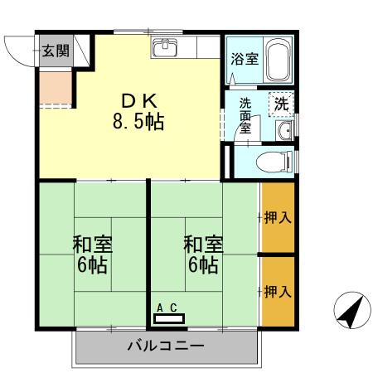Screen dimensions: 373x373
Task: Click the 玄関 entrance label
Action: (x=56, y=50)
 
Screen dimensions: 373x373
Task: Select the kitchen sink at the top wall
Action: (x=166, y=47)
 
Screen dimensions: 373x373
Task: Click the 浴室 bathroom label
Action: (x=244, y=60)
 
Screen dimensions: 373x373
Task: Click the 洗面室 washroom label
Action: (x=245, y=117)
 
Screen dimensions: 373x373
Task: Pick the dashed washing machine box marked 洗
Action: (x=282, y=104)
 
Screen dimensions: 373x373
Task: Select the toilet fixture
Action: (x=273, y=161)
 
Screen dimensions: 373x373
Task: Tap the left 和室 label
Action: (x=92, y=255)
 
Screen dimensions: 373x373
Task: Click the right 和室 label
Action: (x=203, y=255)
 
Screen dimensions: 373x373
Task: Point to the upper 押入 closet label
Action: (x=277, y=219)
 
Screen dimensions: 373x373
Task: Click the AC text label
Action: (x=167, y=308)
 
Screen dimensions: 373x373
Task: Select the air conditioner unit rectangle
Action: (x=169, y=317)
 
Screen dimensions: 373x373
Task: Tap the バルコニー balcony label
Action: (x=165, y=346)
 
